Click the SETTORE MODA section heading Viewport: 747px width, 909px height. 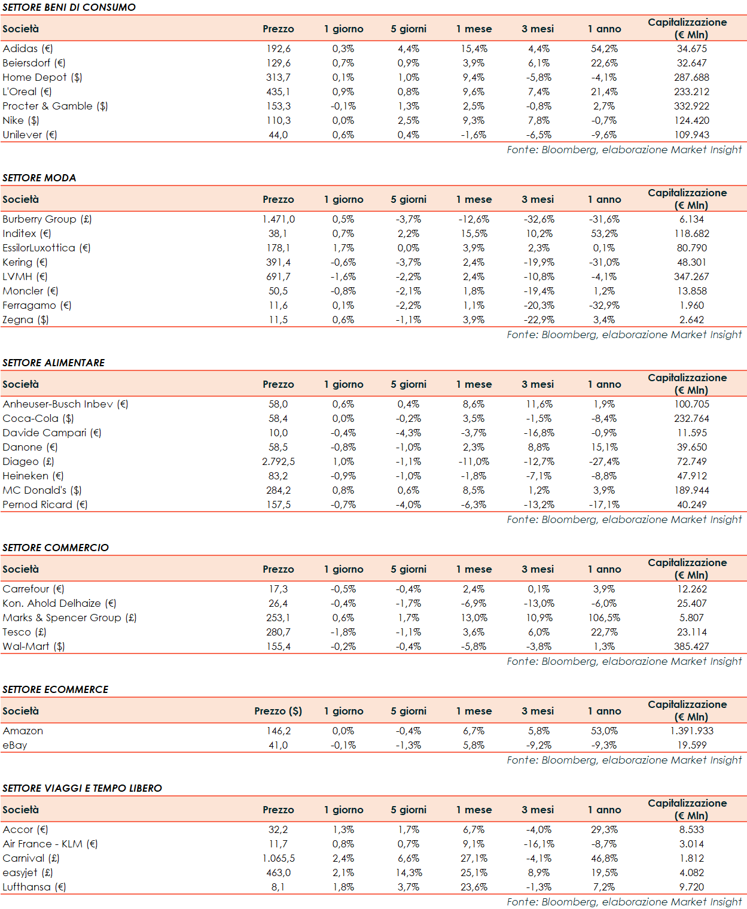click(x=39, y=178)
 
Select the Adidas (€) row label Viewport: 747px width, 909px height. click(x=28, y=48)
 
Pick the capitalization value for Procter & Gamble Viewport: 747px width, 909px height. click(x=691, y=106)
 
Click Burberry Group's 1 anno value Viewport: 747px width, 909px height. click(x=604, y=219)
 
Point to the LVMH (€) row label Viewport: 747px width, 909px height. click(x=25, y=276)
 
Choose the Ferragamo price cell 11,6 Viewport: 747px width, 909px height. click(x=278, y=305)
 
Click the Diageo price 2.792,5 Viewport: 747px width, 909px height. click(x=278, y=461)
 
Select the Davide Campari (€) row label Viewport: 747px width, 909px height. click(x=52, y=433)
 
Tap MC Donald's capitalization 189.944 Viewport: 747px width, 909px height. click(x=691, y=490)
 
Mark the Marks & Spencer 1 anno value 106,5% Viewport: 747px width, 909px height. click(x=604, y=618)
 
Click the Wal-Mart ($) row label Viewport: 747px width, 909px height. click(x=33, y=646)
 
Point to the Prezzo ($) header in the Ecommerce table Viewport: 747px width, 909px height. click(x=278, y=711)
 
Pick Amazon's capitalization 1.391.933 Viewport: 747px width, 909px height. click(x=691, y=731)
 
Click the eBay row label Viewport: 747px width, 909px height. click(x=15, y=745)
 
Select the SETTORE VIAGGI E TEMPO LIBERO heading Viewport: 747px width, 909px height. click(x=82, y=788)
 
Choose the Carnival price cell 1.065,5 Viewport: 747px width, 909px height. click(x=278, y=858)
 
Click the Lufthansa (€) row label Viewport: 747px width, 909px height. click(x=34, y=887)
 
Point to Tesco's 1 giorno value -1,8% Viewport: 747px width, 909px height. click(x=343, y=632)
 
